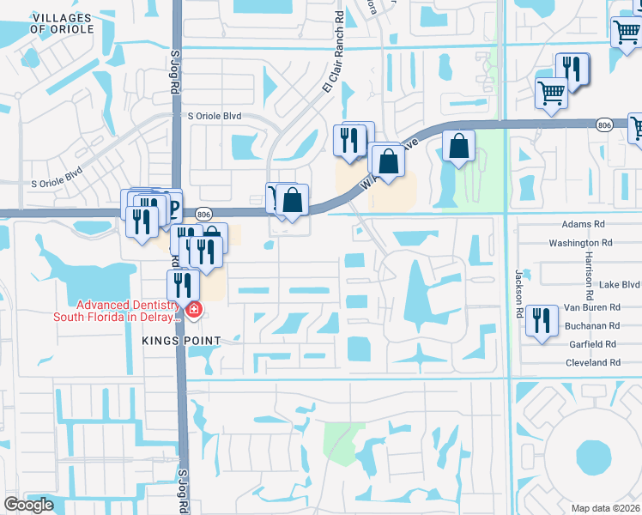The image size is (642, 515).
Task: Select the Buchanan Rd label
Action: pos(591,326)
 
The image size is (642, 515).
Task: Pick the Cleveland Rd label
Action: pos(592,363)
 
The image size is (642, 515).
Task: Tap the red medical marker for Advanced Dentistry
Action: pos(194,310)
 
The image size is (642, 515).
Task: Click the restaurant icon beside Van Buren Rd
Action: pos(541,321)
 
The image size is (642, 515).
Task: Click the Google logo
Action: pos(28,505)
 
